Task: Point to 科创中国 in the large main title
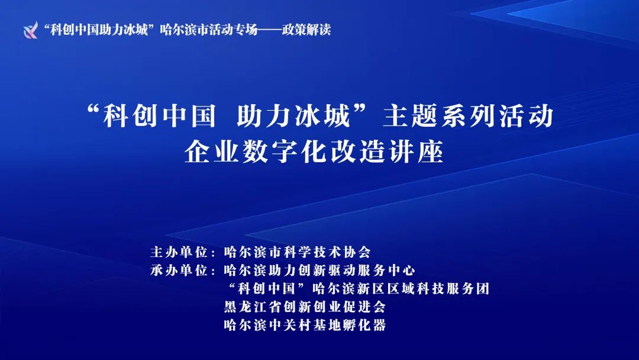tap(159, 116)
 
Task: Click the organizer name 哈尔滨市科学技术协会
tap(298, 252)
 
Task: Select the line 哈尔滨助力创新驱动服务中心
tap(319, 271)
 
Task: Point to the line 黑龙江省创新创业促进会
tap(305, 307)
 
